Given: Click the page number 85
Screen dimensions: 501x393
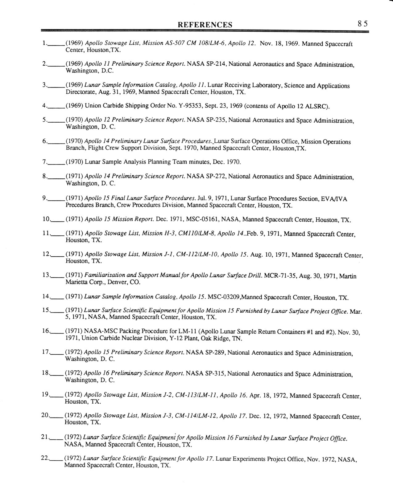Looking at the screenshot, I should (363, 24).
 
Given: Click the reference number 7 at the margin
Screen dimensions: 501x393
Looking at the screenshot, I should (45, 162).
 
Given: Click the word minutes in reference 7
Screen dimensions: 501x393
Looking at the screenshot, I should (201, 162).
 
